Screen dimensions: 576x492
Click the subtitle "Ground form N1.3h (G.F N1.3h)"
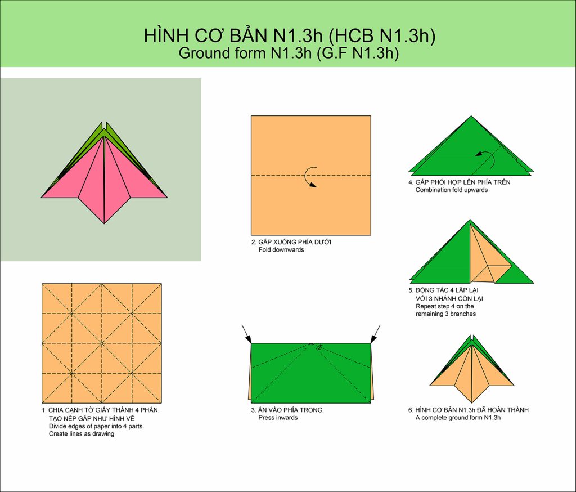click(289, 53)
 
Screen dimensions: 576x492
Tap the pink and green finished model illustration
click(104, 172)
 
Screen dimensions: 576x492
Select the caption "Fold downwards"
click(281, 250)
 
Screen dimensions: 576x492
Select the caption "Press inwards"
click(278, 418)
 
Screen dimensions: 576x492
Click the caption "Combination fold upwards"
click(452, 190)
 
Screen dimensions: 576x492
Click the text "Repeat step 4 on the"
click(444, 306)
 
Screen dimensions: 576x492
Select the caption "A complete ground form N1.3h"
click(458, 418)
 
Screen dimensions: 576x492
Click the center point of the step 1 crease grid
click(102, 343)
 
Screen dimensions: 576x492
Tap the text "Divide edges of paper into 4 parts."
click(96, 427)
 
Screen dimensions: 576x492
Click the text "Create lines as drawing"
click(81, 434)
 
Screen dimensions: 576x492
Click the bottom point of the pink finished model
click(104, 223)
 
